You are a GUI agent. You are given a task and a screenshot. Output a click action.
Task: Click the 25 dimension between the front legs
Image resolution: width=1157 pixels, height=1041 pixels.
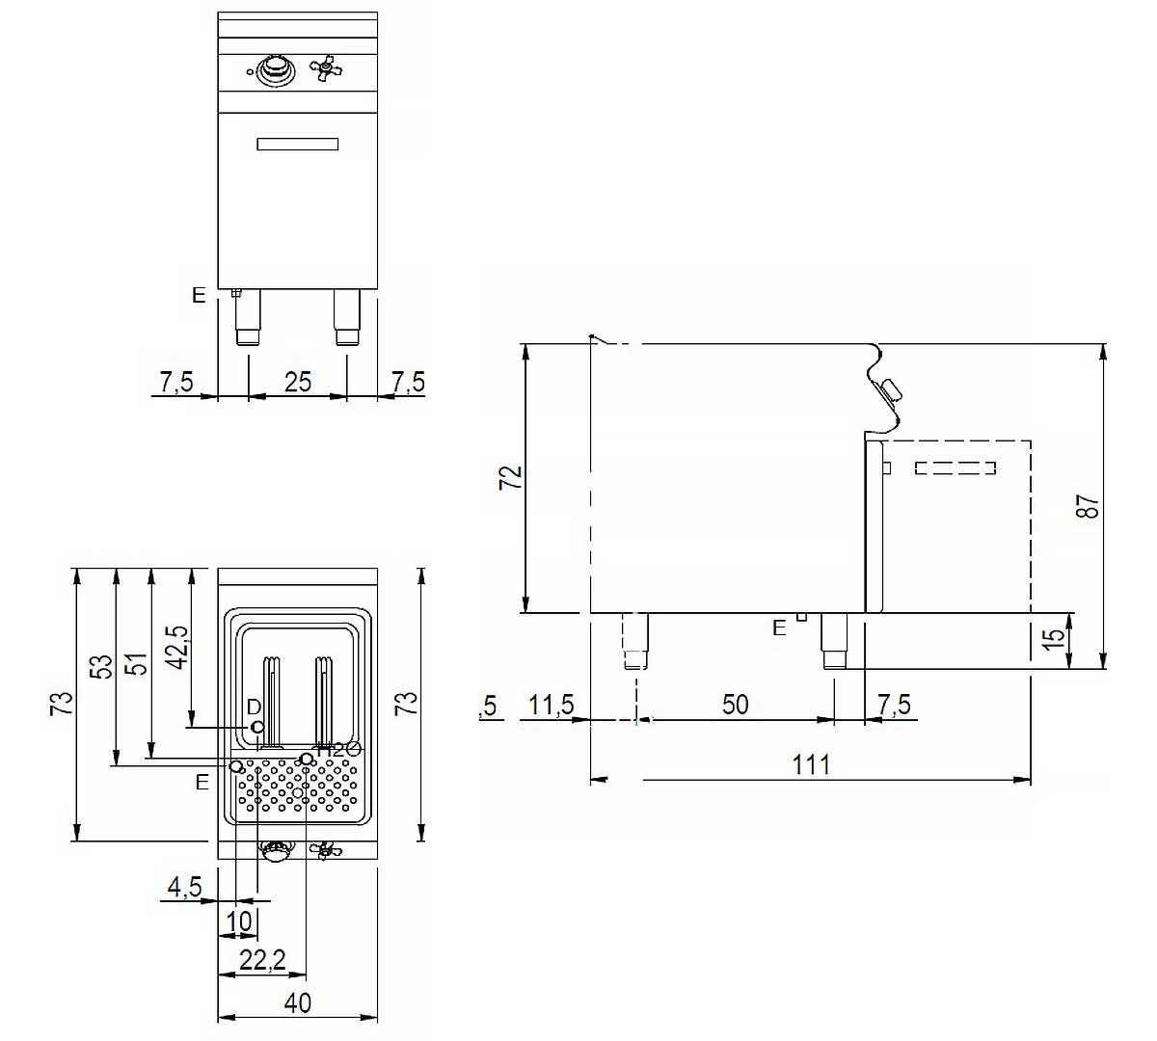tap(298, 382)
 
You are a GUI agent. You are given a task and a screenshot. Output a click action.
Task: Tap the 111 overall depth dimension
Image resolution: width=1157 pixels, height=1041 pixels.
tap(811, 764)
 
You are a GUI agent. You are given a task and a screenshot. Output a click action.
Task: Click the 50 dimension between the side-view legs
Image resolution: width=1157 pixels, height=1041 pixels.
tap(735, 705)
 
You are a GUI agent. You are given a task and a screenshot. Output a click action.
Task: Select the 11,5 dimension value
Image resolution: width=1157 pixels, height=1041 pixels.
tap(551, 706)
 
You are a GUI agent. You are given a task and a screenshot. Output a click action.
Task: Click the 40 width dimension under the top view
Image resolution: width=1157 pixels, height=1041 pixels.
tap(298, 1002)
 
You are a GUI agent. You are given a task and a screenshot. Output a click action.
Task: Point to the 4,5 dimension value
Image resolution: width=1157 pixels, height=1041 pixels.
tap(183, 887)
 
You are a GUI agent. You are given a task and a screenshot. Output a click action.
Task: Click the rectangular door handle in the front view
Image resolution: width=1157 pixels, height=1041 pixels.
tap(297, 145)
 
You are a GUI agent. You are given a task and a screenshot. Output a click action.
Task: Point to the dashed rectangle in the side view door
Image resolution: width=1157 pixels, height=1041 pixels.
tap(955, 468)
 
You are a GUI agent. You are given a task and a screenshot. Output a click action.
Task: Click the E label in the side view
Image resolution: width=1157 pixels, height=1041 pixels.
tap(779, 628)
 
